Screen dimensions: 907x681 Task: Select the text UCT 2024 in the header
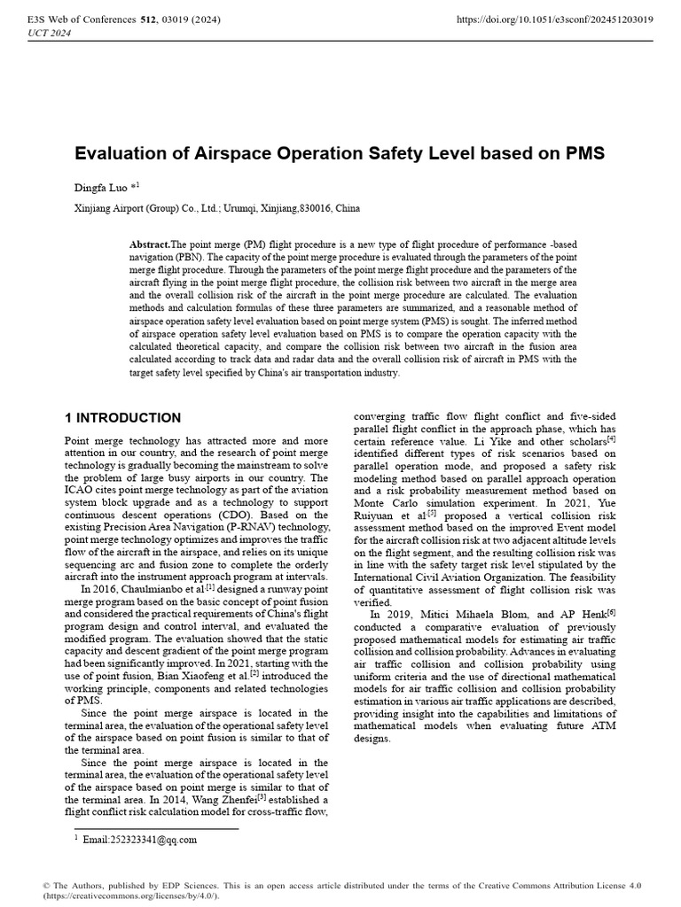(x=51, y=34)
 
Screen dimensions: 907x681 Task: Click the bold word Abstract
(x=148, y=244)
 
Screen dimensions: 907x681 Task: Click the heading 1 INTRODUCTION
(x=123, y=417)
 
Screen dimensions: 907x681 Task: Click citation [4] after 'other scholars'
(x=611, y=438)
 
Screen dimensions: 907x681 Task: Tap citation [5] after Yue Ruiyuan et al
(x=432, y=512)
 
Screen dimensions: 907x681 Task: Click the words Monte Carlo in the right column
(x=383, y=502)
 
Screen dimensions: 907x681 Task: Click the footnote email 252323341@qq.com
(x=139, y=840)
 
